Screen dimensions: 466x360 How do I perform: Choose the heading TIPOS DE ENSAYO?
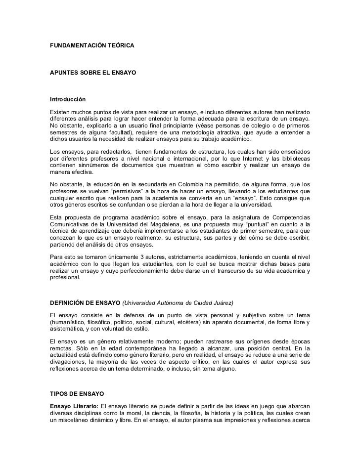[x=77, y=394]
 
